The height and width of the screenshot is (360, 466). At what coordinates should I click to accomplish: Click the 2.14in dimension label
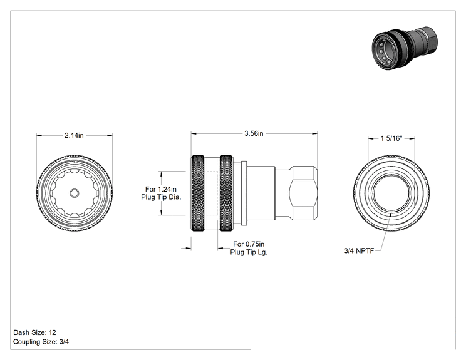[x=74, y=135]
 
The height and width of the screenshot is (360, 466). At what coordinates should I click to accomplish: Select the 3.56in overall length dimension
[x=254, y=133]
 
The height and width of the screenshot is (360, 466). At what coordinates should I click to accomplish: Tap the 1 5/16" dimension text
[x=391, y=138]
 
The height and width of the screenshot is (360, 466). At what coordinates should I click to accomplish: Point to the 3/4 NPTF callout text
[x=359, y=250]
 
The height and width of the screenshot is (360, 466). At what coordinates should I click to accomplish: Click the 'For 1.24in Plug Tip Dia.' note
[x=161, y=193]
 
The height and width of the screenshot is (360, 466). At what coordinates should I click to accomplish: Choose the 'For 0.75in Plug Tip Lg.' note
[x=249, y=248]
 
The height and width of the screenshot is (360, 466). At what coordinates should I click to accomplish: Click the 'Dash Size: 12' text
[x=35, y=332]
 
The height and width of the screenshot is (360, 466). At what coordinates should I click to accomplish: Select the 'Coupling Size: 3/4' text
[x=41, y=342]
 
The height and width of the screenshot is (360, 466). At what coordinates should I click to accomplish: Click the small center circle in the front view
[x=75, y=193]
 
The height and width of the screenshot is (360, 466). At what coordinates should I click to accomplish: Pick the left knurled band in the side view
[x=198, y=193]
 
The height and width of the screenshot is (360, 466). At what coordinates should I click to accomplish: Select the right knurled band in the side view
[x=227, y=193]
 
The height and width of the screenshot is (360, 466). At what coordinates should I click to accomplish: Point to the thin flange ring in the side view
[x=244, y=193]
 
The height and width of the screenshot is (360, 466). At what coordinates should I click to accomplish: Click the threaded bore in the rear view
[x=391, y=192]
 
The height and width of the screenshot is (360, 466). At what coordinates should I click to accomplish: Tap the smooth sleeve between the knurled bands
[x=212, y=193]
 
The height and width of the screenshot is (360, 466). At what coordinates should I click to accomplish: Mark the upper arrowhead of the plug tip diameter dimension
[x=162, y=174]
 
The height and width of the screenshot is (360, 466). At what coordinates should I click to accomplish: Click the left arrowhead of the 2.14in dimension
[x=39, y=136]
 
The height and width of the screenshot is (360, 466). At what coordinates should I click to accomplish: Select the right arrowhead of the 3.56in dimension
[x=314, y=133]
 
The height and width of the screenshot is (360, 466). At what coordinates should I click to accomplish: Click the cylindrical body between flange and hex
[x=261, y=193]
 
